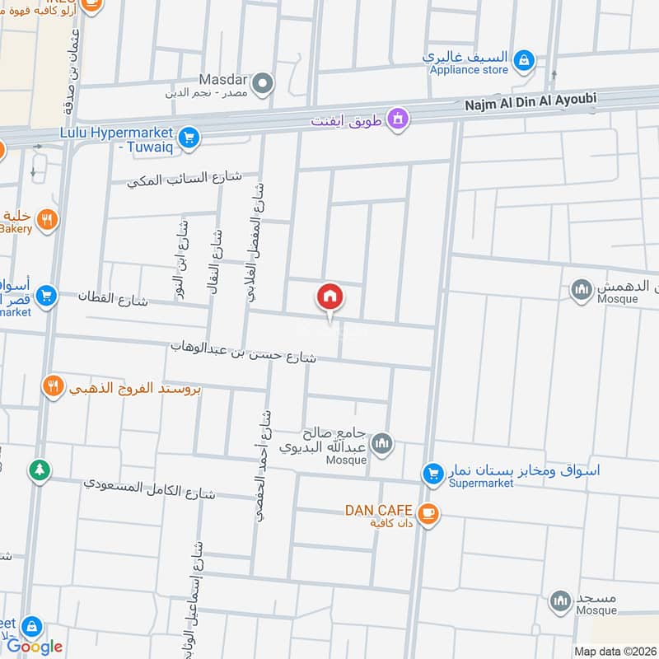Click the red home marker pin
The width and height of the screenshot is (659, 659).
330,298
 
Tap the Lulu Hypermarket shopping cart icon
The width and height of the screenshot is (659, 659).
189,138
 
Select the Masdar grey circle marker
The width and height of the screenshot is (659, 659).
262,82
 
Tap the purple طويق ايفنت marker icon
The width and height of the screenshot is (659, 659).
399,119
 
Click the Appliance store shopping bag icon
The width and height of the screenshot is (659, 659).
523,60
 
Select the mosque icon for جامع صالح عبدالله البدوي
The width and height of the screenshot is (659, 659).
381,446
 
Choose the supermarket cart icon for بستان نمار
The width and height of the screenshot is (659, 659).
432,474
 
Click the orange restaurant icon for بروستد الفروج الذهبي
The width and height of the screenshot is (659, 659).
54,386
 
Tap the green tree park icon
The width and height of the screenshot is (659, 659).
39,470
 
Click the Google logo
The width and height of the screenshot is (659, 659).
35,647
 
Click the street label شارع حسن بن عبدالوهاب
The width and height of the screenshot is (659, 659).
244,353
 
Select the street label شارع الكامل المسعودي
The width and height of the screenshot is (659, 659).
149,488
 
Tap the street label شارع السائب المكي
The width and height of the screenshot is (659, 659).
185,178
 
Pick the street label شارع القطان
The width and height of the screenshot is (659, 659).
114,297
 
